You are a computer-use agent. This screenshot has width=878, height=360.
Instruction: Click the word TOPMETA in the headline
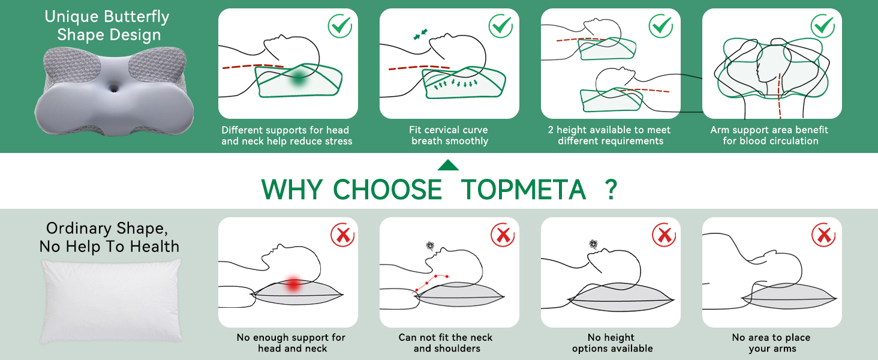523,190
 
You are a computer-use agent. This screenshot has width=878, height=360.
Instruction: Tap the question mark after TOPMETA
611,190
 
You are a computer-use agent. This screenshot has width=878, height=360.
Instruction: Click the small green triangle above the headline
448,165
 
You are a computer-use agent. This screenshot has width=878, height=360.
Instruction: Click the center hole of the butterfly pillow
114,88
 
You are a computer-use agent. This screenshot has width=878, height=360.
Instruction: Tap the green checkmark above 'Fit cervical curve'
500,26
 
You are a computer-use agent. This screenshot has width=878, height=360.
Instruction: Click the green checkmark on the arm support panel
822,26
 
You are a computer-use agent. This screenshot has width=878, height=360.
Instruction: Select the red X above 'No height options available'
664,235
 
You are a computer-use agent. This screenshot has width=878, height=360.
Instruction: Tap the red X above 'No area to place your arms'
823,235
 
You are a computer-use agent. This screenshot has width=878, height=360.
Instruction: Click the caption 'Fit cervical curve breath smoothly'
449,136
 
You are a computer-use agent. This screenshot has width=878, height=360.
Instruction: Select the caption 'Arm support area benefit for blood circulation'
770,136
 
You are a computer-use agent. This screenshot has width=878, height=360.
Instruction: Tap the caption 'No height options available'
612,343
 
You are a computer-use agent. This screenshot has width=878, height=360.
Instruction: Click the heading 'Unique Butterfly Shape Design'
108,26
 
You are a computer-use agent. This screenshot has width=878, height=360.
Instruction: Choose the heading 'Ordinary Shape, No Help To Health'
109,238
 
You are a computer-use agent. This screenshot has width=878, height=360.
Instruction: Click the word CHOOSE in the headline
387,190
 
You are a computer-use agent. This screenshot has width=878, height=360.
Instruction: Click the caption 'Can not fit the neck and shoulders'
446,343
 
